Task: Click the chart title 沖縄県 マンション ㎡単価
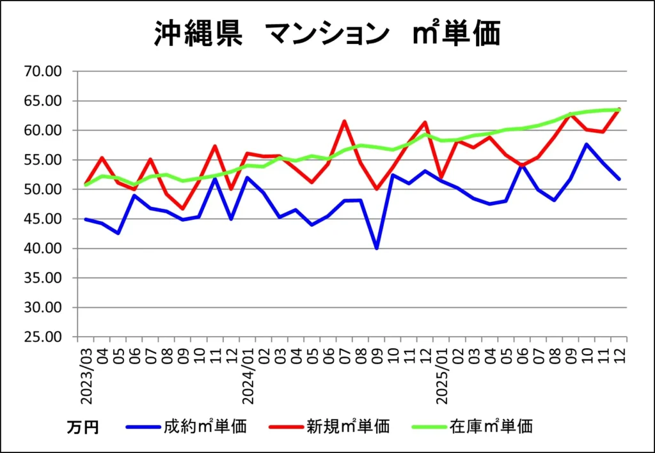[x=327, y=33]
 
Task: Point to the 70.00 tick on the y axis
[x=42, y=71]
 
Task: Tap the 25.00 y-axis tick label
[x=42, y=337]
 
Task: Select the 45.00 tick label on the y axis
[x=42, y=219]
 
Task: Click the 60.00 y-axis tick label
[x=42, y=130]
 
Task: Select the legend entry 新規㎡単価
[x=347, y=426]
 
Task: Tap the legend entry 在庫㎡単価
[x=491, y=426]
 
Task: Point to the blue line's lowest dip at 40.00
[x=377, y=248]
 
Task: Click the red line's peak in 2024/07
[x=344, y=121]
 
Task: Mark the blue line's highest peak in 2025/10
[x=587, y=144]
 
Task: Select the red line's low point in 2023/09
[x=183, y=209]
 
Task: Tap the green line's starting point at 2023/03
[x=86, y=185]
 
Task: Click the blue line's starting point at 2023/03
[x=86, y=219]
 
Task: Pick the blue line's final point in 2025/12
[x=619, y=179]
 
